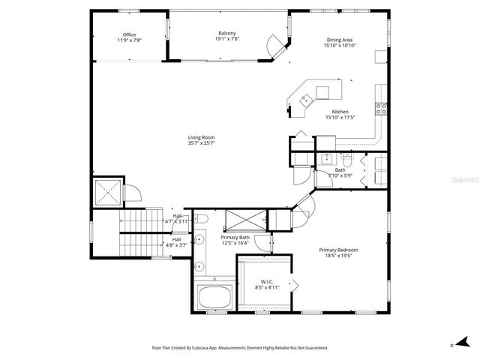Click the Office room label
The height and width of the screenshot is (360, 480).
tap(129, 34)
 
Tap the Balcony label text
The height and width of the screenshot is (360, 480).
tap(227, 33)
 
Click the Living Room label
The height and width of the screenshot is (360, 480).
tap(201, 137)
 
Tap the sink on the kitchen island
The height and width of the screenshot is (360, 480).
tap(306, 98)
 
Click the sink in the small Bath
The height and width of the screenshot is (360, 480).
tap(327, 159)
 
